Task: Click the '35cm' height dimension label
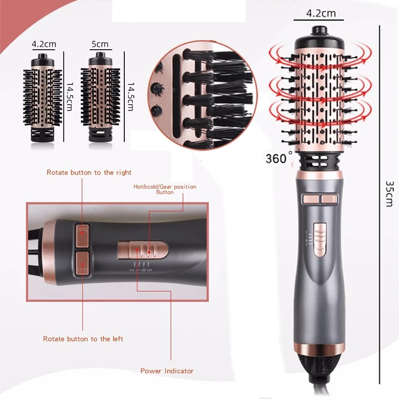click(389, 194)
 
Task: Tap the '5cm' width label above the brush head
click(100, 44)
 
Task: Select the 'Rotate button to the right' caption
click(89, 173)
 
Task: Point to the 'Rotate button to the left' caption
click(83, 339)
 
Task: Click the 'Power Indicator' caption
click(166, 371)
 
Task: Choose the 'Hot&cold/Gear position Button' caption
click(165, 189)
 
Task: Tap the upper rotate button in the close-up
click(83, 235)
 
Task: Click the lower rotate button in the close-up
click(83, 263)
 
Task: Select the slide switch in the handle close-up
click(143, 250)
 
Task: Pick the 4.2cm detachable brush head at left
click(43, 97)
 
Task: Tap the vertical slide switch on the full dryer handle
click(320, 240)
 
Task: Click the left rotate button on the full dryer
click(311, 199)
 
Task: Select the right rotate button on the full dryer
click(329, 199)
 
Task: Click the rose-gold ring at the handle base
click(320, 348)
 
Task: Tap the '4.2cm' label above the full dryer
click(320, 13)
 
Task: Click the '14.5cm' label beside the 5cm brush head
click(131, 97)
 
